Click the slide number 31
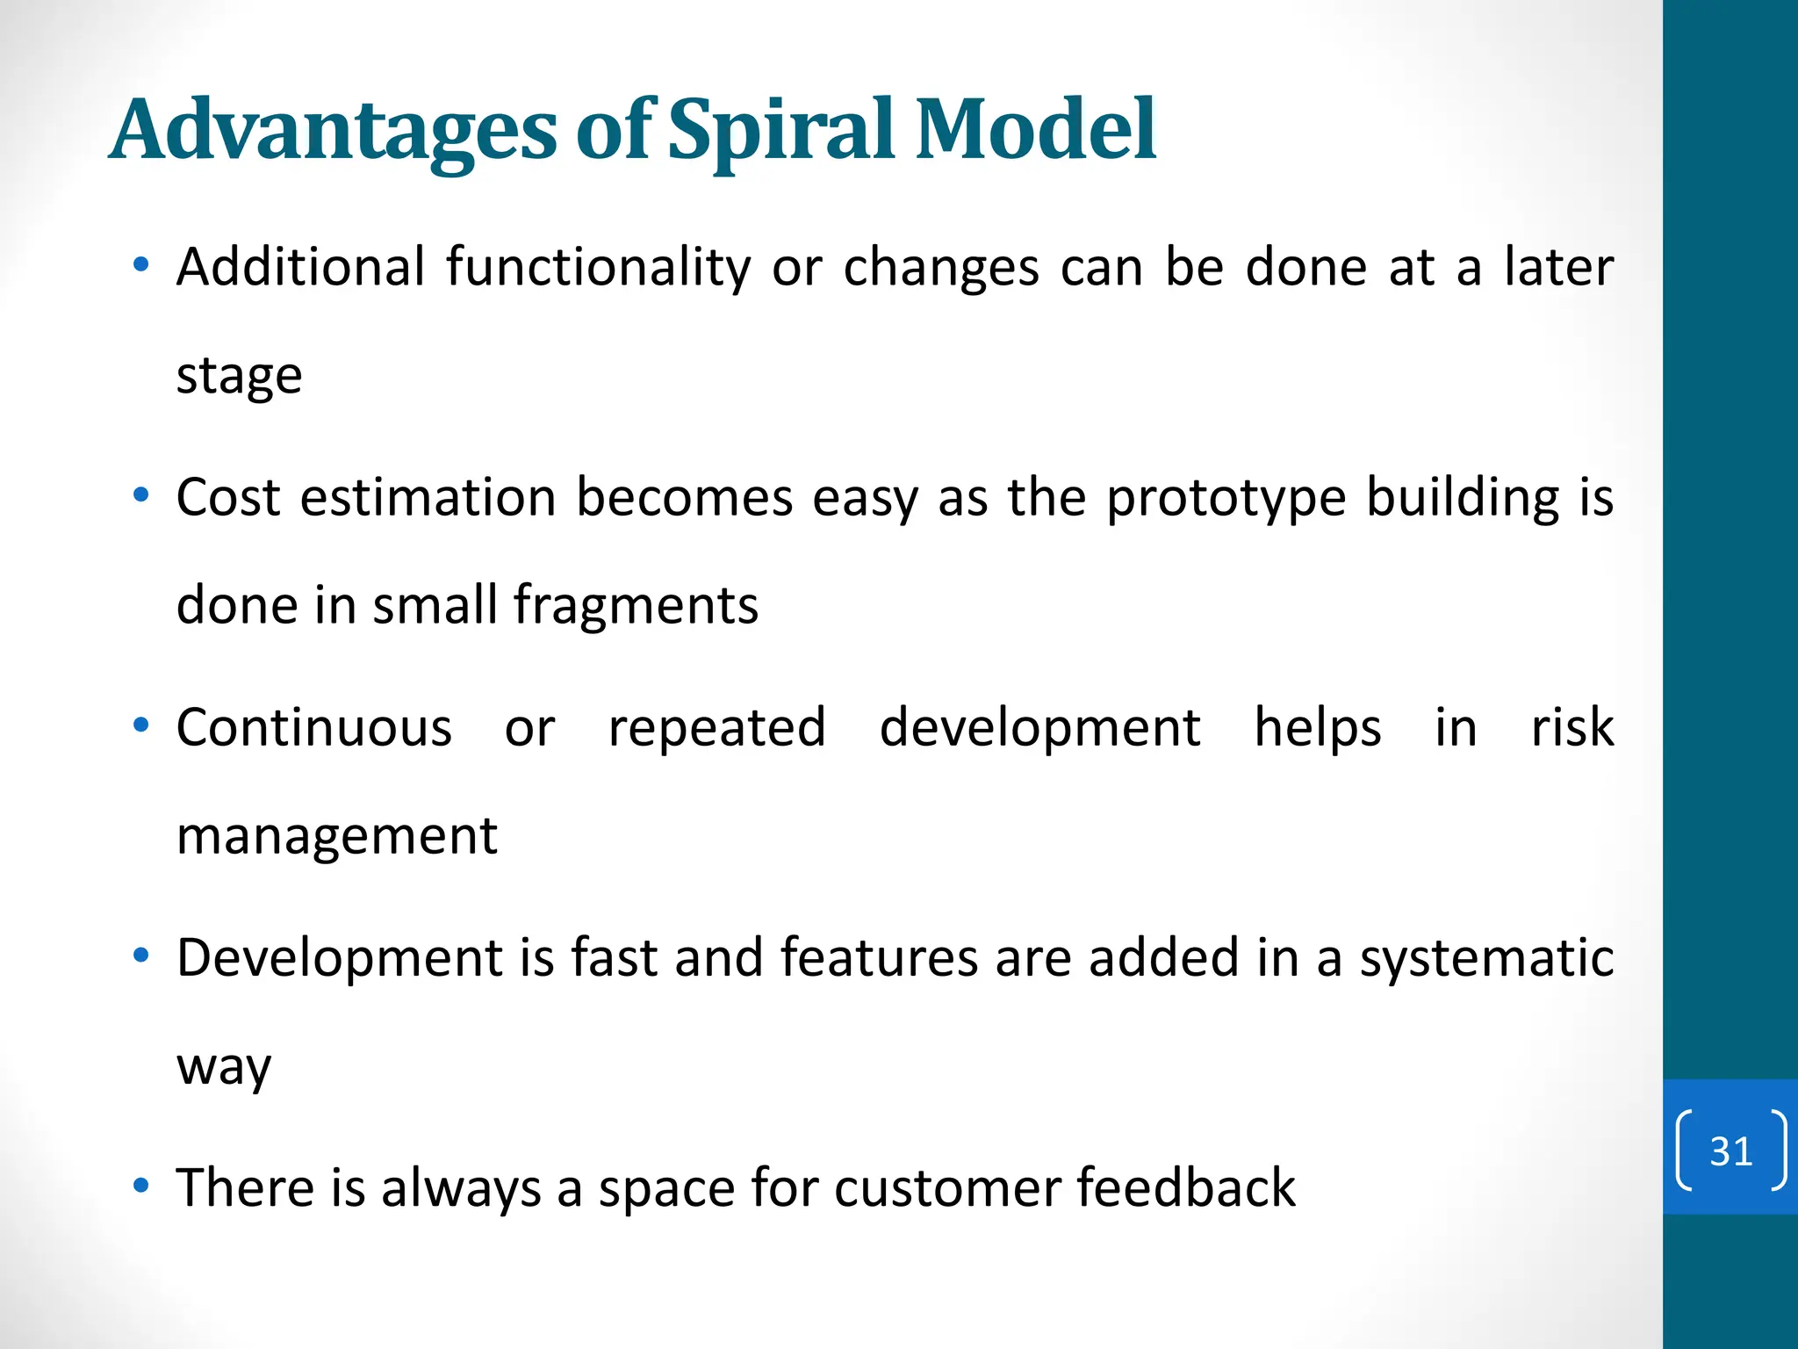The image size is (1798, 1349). click(x=1730, y=1151)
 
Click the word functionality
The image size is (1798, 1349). click(x=598, y=268)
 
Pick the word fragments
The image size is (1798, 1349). click(x=636, y=606)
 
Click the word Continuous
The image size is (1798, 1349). click(x=313, y=727)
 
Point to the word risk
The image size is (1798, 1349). click(x=1571, y=727)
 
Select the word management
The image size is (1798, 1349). click(x=336, y=836)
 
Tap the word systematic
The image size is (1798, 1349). click(x=1486, y=959)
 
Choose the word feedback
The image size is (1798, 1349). click(x=1185, y=1187)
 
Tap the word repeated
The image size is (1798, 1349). click(x=716, y=729)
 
